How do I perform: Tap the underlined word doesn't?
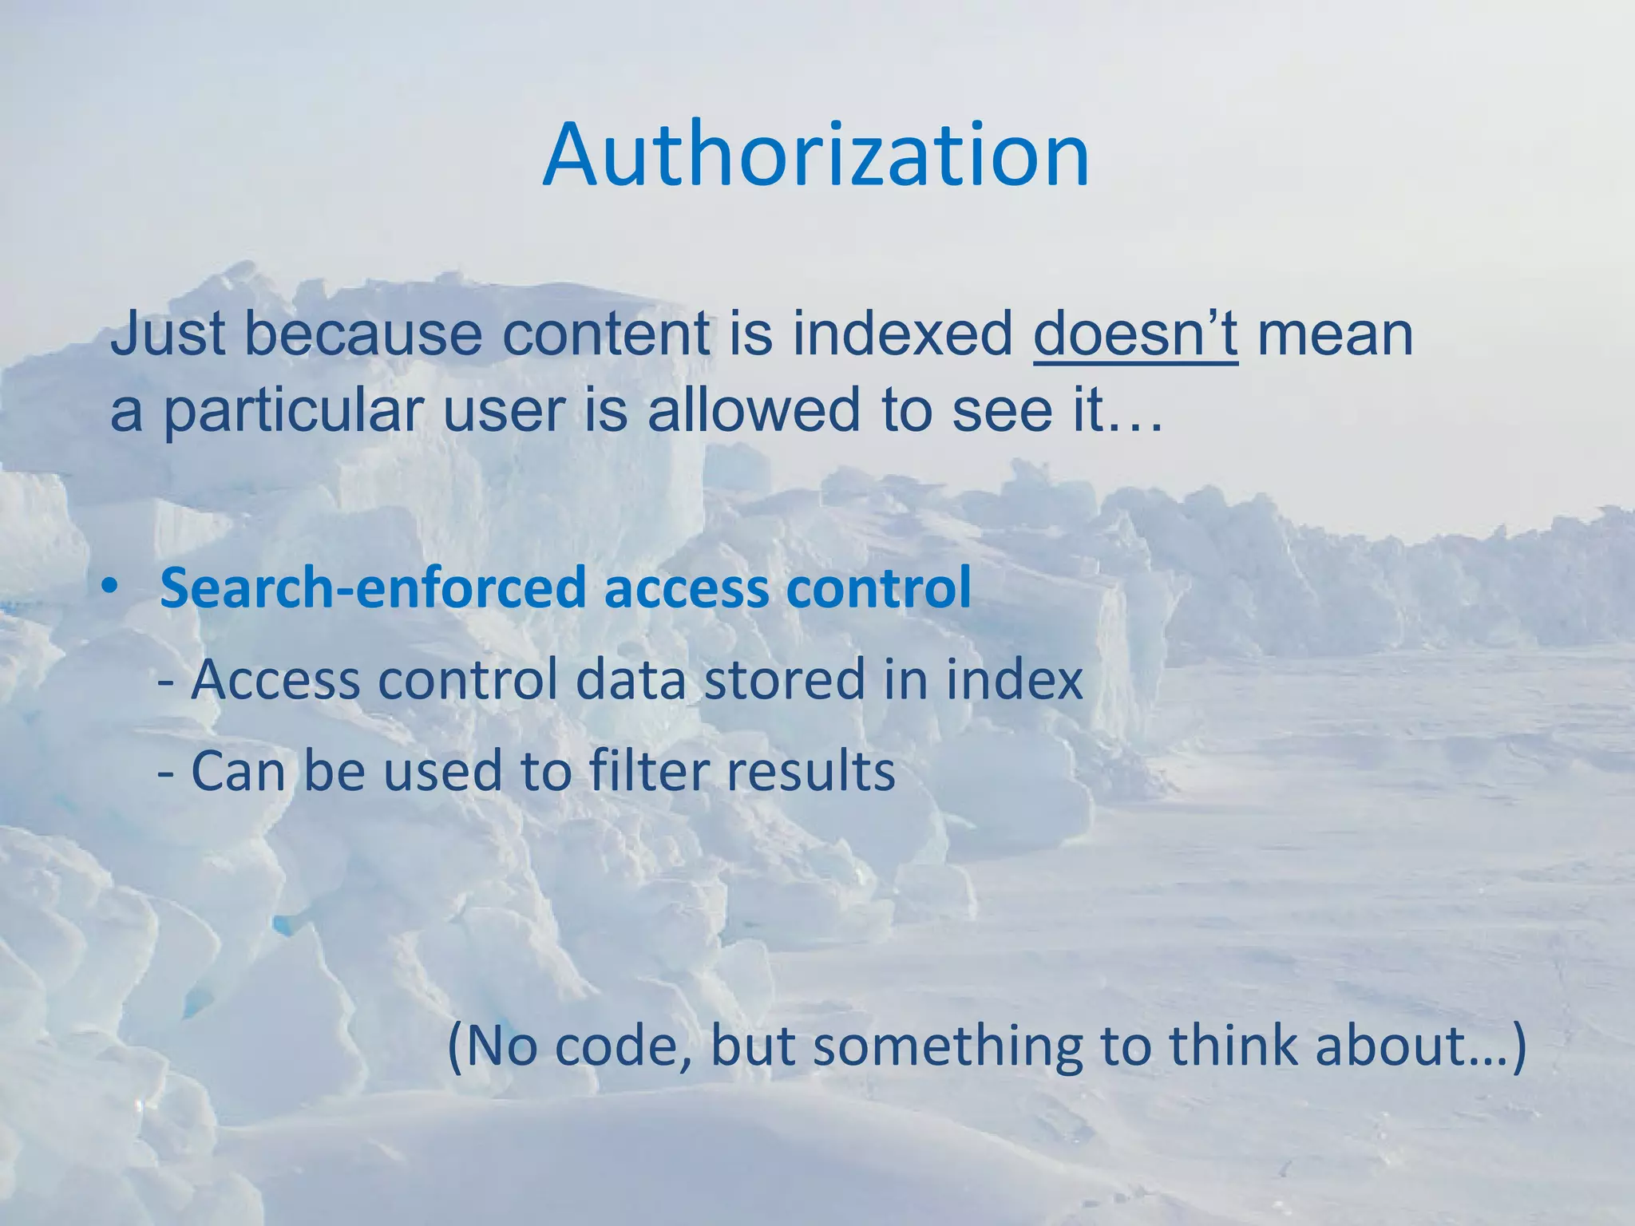point(1135,334)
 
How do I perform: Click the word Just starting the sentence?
point(167,334)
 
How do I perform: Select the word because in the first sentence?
point(363,334)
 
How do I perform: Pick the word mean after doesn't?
point(1335,336)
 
